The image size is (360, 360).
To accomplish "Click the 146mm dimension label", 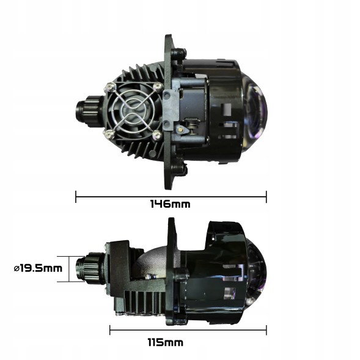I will (171, 204).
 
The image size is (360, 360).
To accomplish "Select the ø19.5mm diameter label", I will (38, 268).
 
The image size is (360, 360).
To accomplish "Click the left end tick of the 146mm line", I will (76, 196).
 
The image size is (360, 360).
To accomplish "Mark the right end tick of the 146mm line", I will (266, 196).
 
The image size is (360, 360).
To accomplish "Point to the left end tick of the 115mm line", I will (110, 330).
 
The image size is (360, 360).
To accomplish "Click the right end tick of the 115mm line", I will (266, 330).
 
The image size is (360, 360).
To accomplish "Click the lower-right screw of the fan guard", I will (158, 134).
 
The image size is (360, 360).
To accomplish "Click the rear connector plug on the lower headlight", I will (86, 268).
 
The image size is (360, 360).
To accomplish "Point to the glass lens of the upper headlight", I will (257, 110).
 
